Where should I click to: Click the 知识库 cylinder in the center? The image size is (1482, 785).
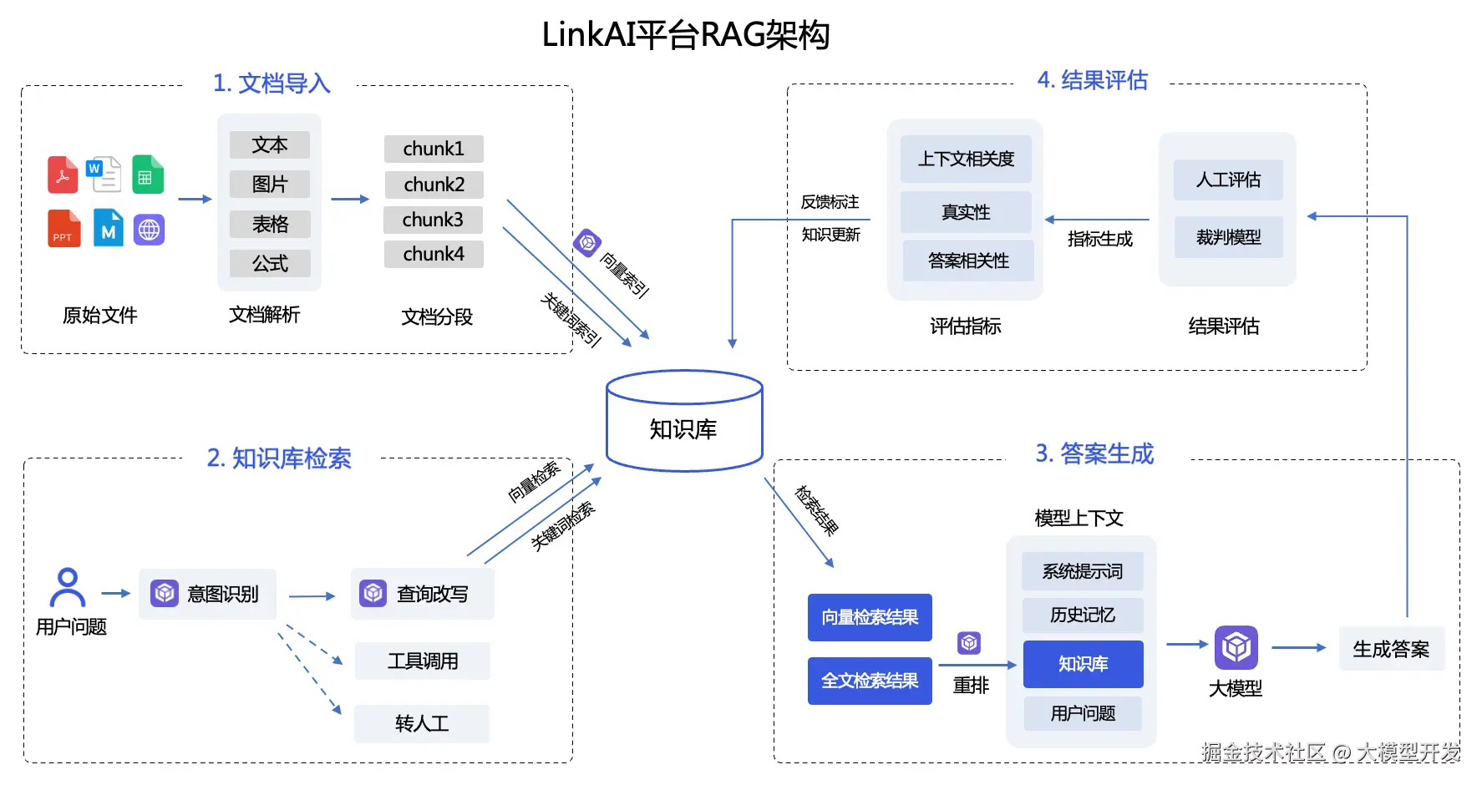coord(683,423)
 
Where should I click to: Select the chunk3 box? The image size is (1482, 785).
coord(433,220)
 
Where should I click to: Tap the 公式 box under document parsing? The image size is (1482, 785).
coord(270,264)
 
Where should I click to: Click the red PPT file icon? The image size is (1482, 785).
coord(63,228)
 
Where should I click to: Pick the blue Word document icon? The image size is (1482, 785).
coord(104,174)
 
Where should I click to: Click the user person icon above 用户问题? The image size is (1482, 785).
coord(68,587)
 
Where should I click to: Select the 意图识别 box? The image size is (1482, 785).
coord(207,594)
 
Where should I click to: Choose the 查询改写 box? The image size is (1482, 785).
coord(422,594)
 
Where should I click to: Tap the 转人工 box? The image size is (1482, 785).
coord(422,723)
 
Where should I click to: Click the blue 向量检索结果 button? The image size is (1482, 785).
coord(870,617)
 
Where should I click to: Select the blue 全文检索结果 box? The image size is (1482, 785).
coord(870,681)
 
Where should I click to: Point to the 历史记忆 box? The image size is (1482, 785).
coord(1083,615)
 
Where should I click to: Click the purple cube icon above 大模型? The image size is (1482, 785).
coord(1236,647)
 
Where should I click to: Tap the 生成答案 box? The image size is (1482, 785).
coord(1391,649)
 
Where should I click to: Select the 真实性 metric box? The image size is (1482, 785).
coord(966,212)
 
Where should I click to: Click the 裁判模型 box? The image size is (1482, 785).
coord(1228,237)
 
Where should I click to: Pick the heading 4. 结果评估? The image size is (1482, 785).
coord(1092,80)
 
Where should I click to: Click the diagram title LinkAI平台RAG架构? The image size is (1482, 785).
coord(685,35)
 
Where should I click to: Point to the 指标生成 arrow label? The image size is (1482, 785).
coord(1099,239)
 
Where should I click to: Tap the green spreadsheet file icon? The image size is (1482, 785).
coord(147,175)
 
